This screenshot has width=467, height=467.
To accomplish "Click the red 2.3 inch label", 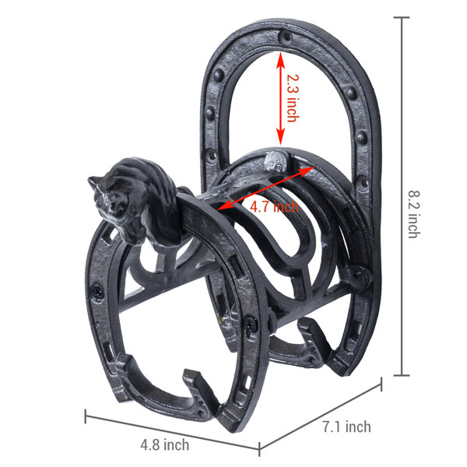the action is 293,98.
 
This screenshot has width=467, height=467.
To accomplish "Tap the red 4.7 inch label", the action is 274,206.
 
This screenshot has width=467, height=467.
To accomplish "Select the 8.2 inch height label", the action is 414,214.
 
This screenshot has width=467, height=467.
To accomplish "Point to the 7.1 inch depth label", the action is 347,427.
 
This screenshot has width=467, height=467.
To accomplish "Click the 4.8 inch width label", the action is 165,444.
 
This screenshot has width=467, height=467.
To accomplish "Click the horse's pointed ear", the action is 95,181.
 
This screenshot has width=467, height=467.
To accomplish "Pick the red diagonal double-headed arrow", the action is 266,188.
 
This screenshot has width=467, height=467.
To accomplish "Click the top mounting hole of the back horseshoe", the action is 286,37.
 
